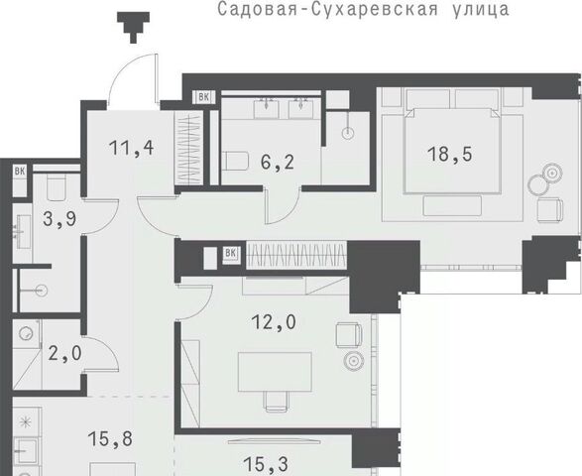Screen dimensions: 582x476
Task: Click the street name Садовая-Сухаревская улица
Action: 363,9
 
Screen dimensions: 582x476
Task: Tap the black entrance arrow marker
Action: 134,27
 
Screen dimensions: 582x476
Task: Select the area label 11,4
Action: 132,148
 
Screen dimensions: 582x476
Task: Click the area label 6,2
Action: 278,163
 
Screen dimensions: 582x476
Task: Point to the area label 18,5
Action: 450,154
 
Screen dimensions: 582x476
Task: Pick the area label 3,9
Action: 59,219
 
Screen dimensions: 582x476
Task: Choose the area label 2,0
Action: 65,353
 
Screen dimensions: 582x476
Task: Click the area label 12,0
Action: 274,322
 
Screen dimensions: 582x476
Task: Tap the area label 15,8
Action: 110,439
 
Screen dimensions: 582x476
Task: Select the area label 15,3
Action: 266,464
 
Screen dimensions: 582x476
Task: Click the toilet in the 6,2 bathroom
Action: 235,161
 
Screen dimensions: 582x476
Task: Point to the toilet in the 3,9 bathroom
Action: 57,187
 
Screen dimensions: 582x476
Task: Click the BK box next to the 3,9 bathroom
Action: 20,172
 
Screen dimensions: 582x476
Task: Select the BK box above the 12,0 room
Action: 230,253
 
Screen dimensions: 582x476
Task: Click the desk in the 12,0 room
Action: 275,372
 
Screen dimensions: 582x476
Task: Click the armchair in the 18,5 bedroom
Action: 550,210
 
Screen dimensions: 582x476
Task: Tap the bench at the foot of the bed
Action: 452,205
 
